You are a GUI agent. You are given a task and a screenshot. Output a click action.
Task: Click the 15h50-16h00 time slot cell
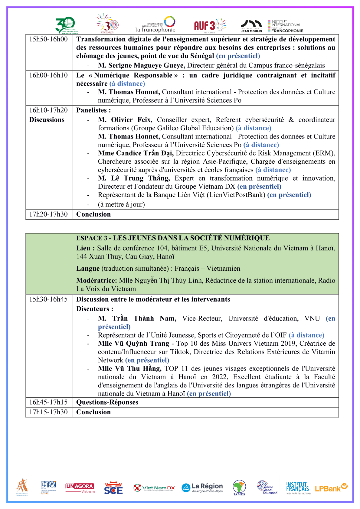tap(48, 39)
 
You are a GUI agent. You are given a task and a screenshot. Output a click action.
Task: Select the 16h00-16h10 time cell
tap(48, 75)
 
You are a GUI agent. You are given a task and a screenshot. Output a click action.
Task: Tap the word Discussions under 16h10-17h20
tap(47, 120)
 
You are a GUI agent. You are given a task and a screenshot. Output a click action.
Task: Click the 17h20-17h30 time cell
tap(48, 214)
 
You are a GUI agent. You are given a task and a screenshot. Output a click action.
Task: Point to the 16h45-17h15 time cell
tap(48, 402)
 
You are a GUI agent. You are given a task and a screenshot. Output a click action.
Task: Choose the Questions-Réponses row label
tap(107, 402)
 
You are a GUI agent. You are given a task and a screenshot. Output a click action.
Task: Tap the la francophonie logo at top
tap(155, 25)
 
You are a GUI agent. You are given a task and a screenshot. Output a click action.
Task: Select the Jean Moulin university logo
tap(251, 26)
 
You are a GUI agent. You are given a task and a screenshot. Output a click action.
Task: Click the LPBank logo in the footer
tap(331, 488)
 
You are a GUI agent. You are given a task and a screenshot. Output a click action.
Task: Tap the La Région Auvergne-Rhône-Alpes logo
tap(202, 488)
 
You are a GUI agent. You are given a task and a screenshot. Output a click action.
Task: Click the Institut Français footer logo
tap(298, 488)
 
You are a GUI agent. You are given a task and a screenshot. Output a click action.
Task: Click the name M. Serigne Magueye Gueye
tap(141, 66)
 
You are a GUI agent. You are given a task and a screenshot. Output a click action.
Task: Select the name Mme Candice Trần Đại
tap(136, 153)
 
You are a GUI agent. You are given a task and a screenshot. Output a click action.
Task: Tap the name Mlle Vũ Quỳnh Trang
tap(133, 344)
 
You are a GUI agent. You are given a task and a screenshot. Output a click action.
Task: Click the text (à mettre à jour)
tap(121, 205)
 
